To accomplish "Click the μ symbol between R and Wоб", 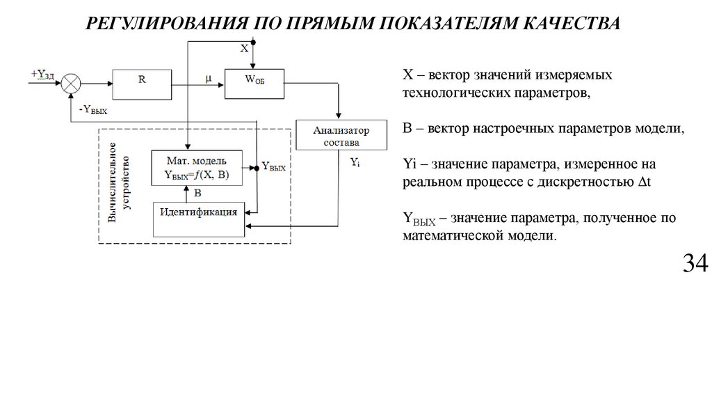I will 208,77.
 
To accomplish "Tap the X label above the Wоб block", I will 244,48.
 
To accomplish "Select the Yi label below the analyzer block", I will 355,162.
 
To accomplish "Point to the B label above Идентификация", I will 197,193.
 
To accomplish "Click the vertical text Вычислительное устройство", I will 118,186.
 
